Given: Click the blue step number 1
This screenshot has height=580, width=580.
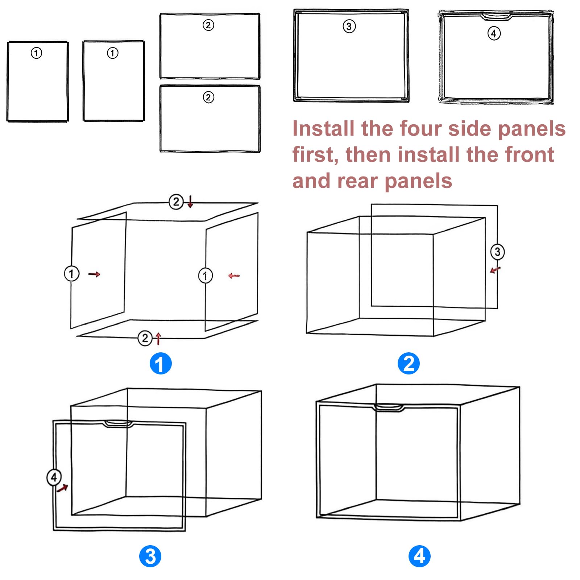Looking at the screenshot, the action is [161, 363].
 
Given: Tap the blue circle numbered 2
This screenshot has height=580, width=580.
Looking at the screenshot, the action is [409, 363].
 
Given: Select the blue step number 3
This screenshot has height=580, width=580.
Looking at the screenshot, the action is [150, 556].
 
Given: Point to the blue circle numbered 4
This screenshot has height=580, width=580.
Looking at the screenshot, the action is [419, 556].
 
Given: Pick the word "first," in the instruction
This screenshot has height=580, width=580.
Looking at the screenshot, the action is [316, 155].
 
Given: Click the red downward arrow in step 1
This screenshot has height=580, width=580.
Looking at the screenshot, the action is [190, 201].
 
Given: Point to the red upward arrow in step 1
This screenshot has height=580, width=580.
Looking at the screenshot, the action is [158, 339].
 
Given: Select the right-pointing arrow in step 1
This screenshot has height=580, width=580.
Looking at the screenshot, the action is [94, 274].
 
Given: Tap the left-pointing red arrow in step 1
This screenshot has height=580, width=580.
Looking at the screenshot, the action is [234, 276].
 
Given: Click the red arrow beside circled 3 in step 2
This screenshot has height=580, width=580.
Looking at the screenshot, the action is [495, 270].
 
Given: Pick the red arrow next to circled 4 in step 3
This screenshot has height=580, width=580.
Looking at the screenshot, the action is [63, 488].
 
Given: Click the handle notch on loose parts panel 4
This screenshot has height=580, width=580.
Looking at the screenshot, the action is [496, 16].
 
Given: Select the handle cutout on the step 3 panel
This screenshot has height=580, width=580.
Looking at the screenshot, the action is [118, 423].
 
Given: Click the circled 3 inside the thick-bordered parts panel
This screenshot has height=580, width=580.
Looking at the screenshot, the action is [349, 26].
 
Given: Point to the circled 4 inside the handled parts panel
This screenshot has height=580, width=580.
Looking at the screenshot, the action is [494, 33].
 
